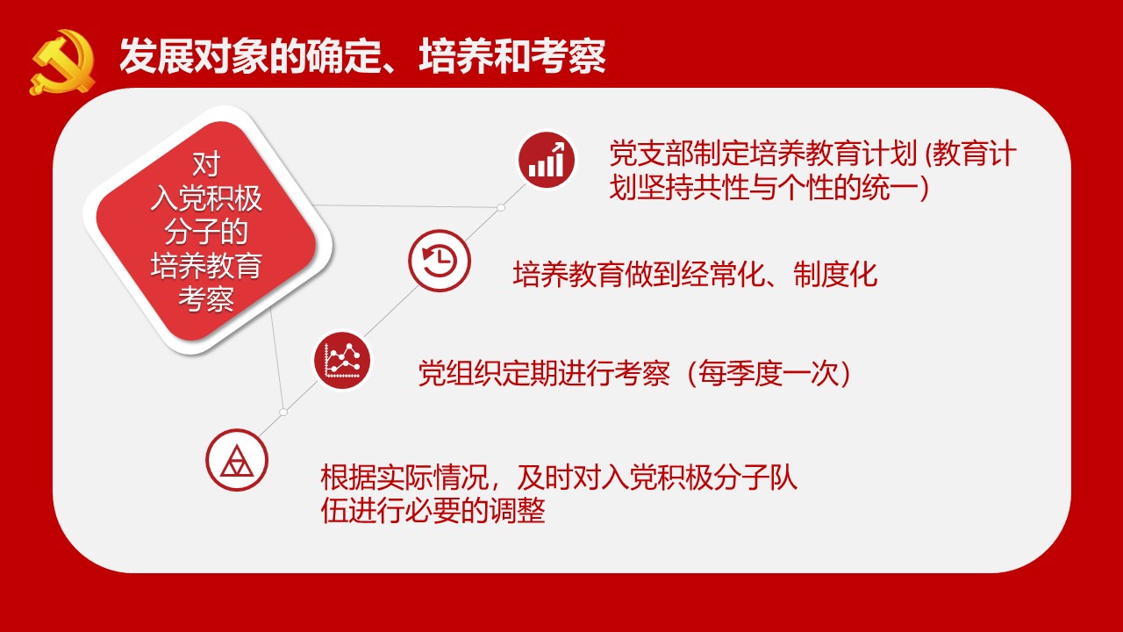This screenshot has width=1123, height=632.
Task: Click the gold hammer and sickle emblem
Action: click(x=62, y=62)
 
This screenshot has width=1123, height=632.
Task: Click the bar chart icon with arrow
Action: click(x=547, y=160)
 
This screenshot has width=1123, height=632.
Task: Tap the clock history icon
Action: click(x=440, y=261)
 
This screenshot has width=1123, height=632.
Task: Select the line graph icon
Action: click(x=342, y=360)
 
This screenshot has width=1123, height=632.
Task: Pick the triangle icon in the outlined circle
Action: click(x=237, y=460)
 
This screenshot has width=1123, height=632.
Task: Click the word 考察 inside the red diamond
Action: click(x=206, y=299)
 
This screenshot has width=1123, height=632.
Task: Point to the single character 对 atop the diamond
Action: click(x=206, y=164)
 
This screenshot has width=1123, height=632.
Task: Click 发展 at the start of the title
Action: click(x=156, y=55)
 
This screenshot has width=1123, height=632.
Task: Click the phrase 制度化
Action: click(x=836, y=275)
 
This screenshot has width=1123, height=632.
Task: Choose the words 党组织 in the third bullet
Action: click(x=460, y=374)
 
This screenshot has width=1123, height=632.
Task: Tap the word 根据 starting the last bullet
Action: click(x=348, y=477)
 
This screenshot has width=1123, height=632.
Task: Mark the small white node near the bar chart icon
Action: click(x=500, y=207)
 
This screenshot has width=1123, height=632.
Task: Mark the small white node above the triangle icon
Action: click(x=283, y=412)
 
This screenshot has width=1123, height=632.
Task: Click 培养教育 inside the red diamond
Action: click(x=206, y=265)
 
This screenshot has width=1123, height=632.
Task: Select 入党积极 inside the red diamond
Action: click(x=206, y=197)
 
